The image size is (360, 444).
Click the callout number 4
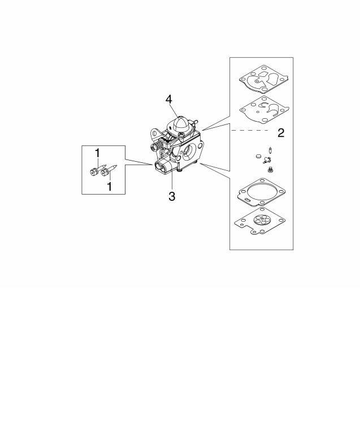tap(168, 100)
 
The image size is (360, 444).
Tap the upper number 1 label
tap(97, 153)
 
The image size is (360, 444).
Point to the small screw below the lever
tap(270, 168)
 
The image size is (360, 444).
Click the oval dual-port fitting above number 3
tap(162, 167)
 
